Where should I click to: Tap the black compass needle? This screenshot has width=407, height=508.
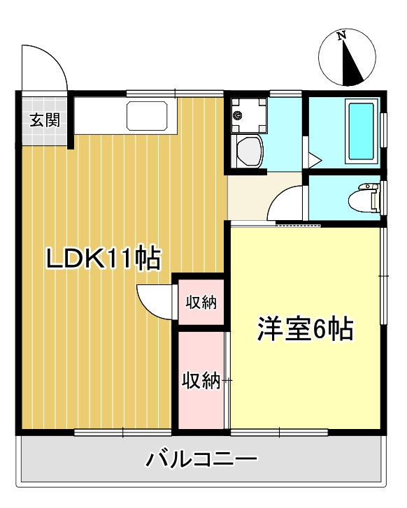(353, 64)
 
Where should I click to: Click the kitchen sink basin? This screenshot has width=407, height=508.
(148, 115)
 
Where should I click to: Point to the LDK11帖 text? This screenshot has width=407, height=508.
(103, 258)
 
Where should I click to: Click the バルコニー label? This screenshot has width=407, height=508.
(202, 459)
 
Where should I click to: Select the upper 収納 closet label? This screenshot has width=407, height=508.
(201, 302)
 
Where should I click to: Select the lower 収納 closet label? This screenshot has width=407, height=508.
(201, 380)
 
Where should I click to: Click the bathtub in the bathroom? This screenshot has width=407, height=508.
(360, 131)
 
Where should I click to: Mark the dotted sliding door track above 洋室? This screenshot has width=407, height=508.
(299, 225)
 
